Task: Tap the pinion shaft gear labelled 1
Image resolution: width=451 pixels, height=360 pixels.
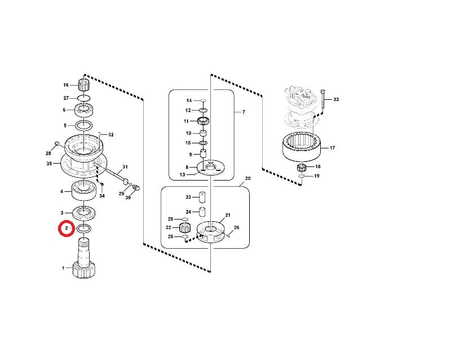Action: [x=83, y=259]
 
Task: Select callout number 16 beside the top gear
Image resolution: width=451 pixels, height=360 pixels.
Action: [x=66, y=85]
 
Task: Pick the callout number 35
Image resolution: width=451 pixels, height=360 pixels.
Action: [x=49, y=164]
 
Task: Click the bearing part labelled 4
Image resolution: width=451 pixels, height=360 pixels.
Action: [x=83, y=190]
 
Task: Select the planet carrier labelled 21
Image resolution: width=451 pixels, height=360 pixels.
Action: [x=210, y=232]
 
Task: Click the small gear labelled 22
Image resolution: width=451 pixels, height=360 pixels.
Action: [x=184, y=228]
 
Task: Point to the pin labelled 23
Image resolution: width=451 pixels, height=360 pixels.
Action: [x=202, y=197]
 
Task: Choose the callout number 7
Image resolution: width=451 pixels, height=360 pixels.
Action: [x=244, y=112]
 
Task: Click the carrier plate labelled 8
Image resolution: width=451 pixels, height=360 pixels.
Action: [x=210, y=168]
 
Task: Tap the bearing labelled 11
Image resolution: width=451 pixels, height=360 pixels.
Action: [x=204, y=121]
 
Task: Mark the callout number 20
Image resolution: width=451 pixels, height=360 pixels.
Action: [x=247, y=178]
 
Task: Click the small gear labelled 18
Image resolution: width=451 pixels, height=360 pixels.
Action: [x=302, y=167]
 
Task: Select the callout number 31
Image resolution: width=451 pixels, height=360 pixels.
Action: [x=125, y=167]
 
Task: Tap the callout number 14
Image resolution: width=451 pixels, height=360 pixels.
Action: [x=189, y=100]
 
